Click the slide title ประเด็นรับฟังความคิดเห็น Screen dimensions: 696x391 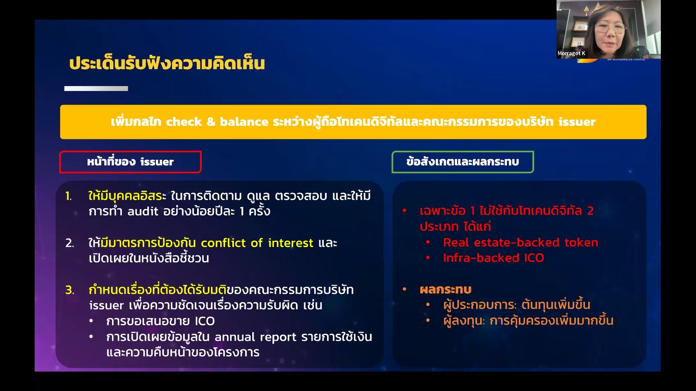point(167,63)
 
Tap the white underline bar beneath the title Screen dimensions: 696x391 point(96,89)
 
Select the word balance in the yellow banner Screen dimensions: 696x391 point(244,122)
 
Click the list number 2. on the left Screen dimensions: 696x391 point(70,243)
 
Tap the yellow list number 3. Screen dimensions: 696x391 point(70,290)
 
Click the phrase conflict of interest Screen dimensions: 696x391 point(257,243)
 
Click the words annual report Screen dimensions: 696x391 point(255,337)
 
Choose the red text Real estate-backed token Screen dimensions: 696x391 point(520,242)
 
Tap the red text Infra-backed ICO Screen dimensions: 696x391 point(493,258)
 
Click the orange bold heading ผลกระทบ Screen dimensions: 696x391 point(445,290)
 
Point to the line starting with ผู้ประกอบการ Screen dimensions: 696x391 point(517,305)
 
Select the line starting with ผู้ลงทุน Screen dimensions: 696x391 point(528,321)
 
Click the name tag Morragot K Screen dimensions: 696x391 point(571,53)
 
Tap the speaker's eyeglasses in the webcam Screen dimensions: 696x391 point(610,29)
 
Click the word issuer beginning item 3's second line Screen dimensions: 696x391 point(106,305)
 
